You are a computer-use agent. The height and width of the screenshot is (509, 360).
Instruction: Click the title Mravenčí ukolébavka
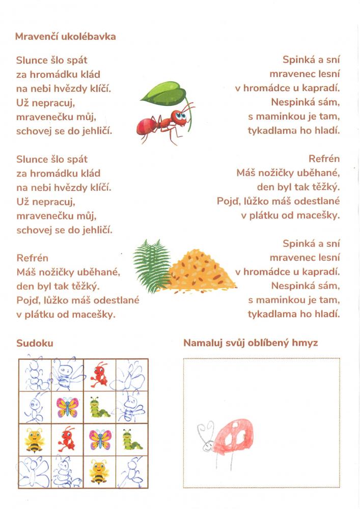[x=66, y=37]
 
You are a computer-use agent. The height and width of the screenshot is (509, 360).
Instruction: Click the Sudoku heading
[x=35, y=343]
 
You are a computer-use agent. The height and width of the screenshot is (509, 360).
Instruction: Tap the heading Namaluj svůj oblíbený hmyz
[x=251, y=343]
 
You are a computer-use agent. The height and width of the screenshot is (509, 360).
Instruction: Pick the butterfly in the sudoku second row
[x=67, y=407]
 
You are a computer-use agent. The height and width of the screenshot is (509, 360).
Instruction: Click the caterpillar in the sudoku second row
[x=100, y=407]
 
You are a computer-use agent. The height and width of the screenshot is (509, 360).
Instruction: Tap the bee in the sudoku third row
[x=35, y=439]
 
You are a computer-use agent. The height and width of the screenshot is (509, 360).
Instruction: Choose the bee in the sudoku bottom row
[x=99, y=471]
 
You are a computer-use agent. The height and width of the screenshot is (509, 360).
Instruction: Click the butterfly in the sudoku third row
[x=100, y=439]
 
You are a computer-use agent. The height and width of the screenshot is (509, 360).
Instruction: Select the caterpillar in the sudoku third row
[x=132, y=439]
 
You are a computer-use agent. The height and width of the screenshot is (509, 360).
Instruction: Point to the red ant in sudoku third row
[x=67, y=440]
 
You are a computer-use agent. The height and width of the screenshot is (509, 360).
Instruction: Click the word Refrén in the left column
[x=32, y=258]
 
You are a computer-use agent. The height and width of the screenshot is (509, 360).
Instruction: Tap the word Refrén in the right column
[x=324, y=159]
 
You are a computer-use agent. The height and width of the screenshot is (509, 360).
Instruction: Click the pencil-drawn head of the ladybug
[x=208, y=444]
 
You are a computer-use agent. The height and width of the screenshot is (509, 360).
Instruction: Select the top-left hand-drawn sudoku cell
[x=35, y=375]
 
